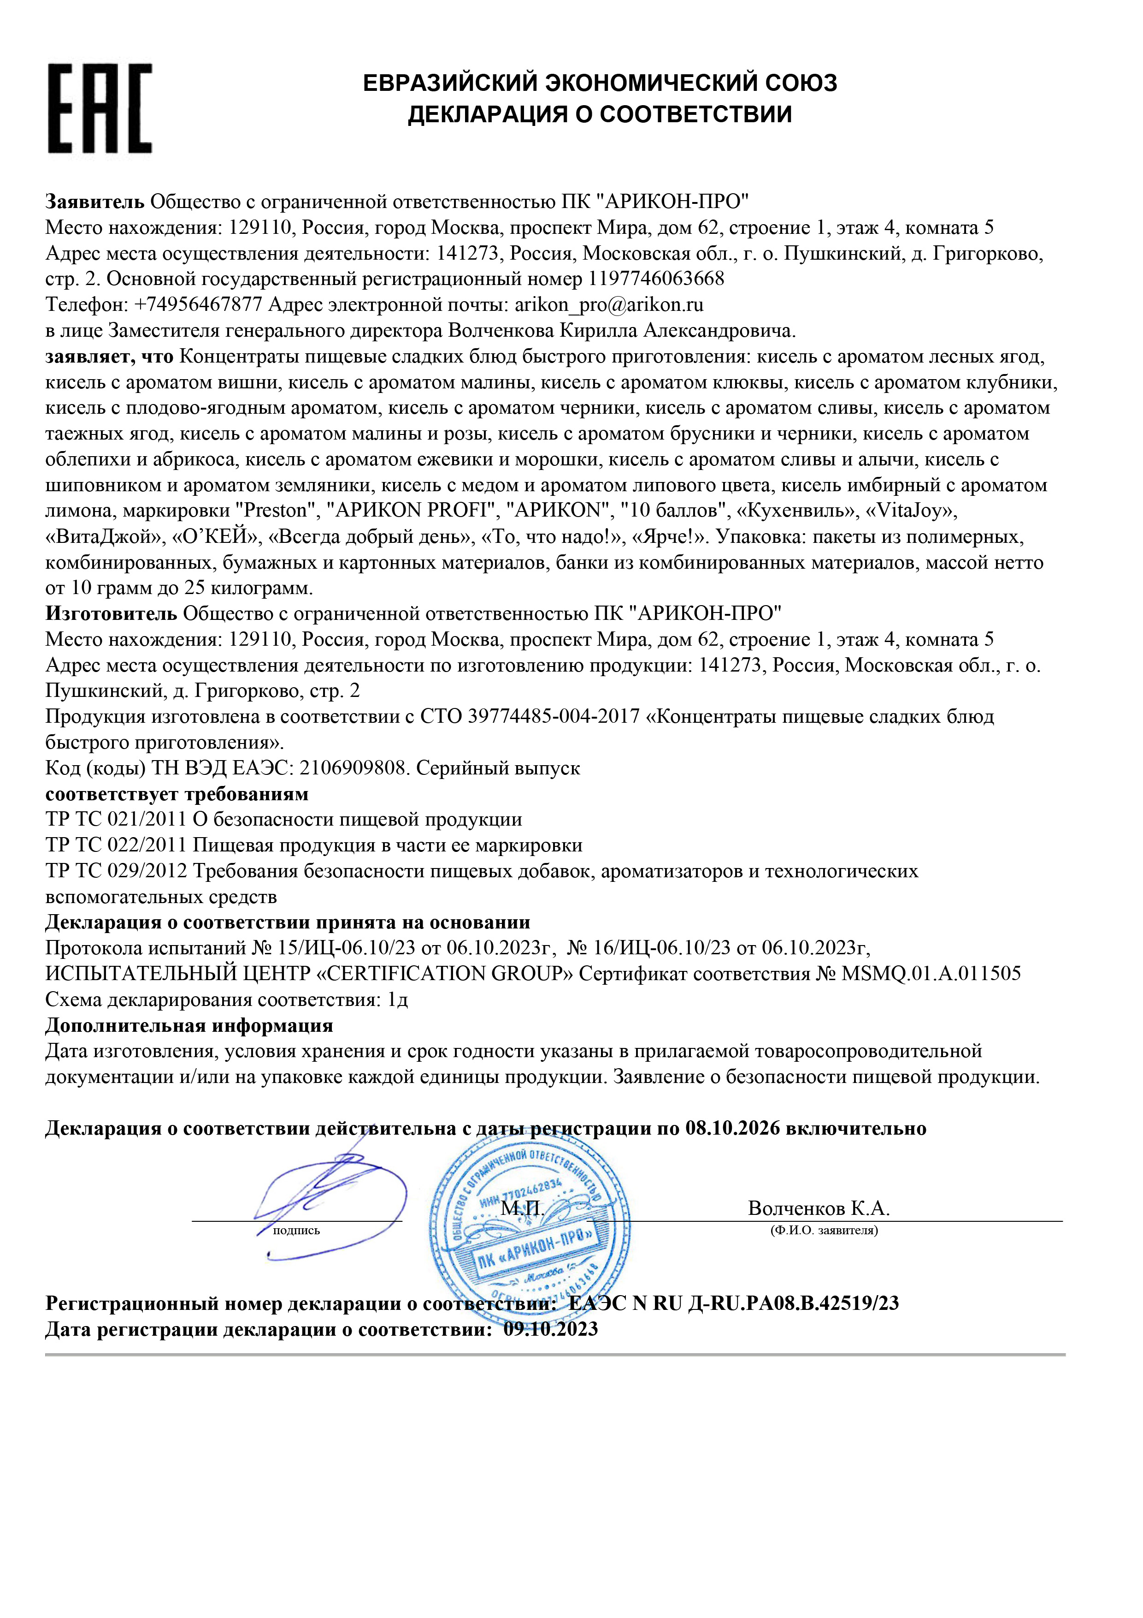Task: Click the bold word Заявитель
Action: pos(95,202)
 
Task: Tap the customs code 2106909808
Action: pos(348,768)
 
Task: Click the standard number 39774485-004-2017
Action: pos(554,717)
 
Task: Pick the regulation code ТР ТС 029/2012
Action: pos(116,871)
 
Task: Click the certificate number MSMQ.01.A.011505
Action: pos(931,974)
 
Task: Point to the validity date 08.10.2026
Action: pos(732,1128)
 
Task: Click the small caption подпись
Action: pos(296,1231)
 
